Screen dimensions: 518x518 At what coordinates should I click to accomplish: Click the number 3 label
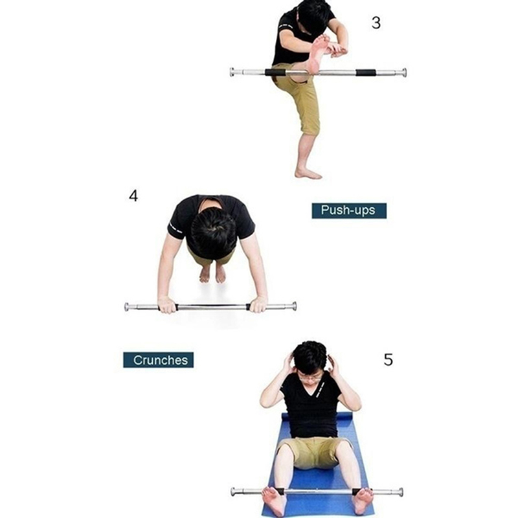tap(376, 23)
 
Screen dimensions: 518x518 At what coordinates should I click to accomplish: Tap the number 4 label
tap(133, 196)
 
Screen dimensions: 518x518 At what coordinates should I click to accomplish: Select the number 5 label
tap(388, 360)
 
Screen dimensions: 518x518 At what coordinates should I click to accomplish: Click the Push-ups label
tap(349, 210)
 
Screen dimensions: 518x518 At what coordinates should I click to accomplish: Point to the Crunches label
tap(158, 360)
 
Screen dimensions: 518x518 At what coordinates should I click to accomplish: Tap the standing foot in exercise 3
tap(308, 174)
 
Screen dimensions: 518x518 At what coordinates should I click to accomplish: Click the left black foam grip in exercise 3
tap(275, 73)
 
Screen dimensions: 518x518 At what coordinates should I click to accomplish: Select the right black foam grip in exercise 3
tap(366, 73)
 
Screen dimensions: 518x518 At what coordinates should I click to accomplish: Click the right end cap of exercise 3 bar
tap(403, 73)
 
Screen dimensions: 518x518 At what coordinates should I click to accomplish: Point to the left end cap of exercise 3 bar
tap(232, 72)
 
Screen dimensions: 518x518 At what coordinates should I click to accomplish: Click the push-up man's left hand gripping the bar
tap(168, 304)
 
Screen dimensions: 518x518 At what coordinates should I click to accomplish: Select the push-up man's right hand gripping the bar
tap(258, 304)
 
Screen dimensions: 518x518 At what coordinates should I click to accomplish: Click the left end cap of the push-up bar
tap(127, 306)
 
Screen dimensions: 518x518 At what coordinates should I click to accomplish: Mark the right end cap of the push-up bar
tap(293, 306)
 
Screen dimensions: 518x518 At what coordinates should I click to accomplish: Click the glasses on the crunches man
tap(310, 376)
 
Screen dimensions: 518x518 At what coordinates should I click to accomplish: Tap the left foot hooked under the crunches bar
tap(273, 501)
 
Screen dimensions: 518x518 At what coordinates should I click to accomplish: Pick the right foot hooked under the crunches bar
tap(363, 501)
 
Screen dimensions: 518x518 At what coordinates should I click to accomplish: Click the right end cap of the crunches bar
tap(400, 492)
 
